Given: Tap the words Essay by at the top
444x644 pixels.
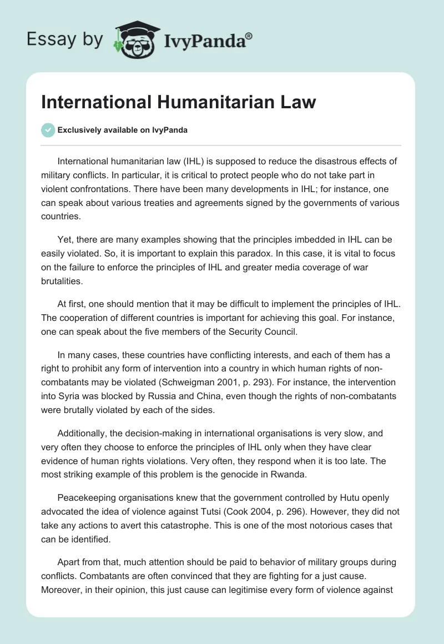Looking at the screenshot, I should pyautogui.click(x=64, y=39).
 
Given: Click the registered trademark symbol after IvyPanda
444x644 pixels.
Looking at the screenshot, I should pyautogui.click(x=249, y=36).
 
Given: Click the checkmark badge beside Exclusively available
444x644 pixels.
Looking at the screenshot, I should pyautogui.click(x=47, y=130).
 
